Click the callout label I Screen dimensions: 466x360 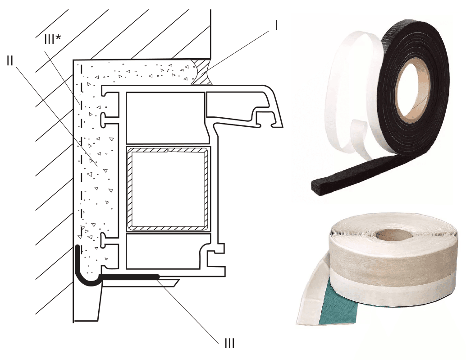point(277,26)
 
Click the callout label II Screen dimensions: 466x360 point(9,61)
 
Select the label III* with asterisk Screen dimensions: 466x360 point(53,39)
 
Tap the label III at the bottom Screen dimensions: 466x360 point(229,343)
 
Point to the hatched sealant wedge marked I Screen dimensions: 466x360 point(201,71)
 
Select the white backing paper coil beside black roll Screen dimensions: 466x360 point(354,92)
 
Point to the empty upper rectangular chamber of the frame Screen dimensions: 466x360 point(165,118)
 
